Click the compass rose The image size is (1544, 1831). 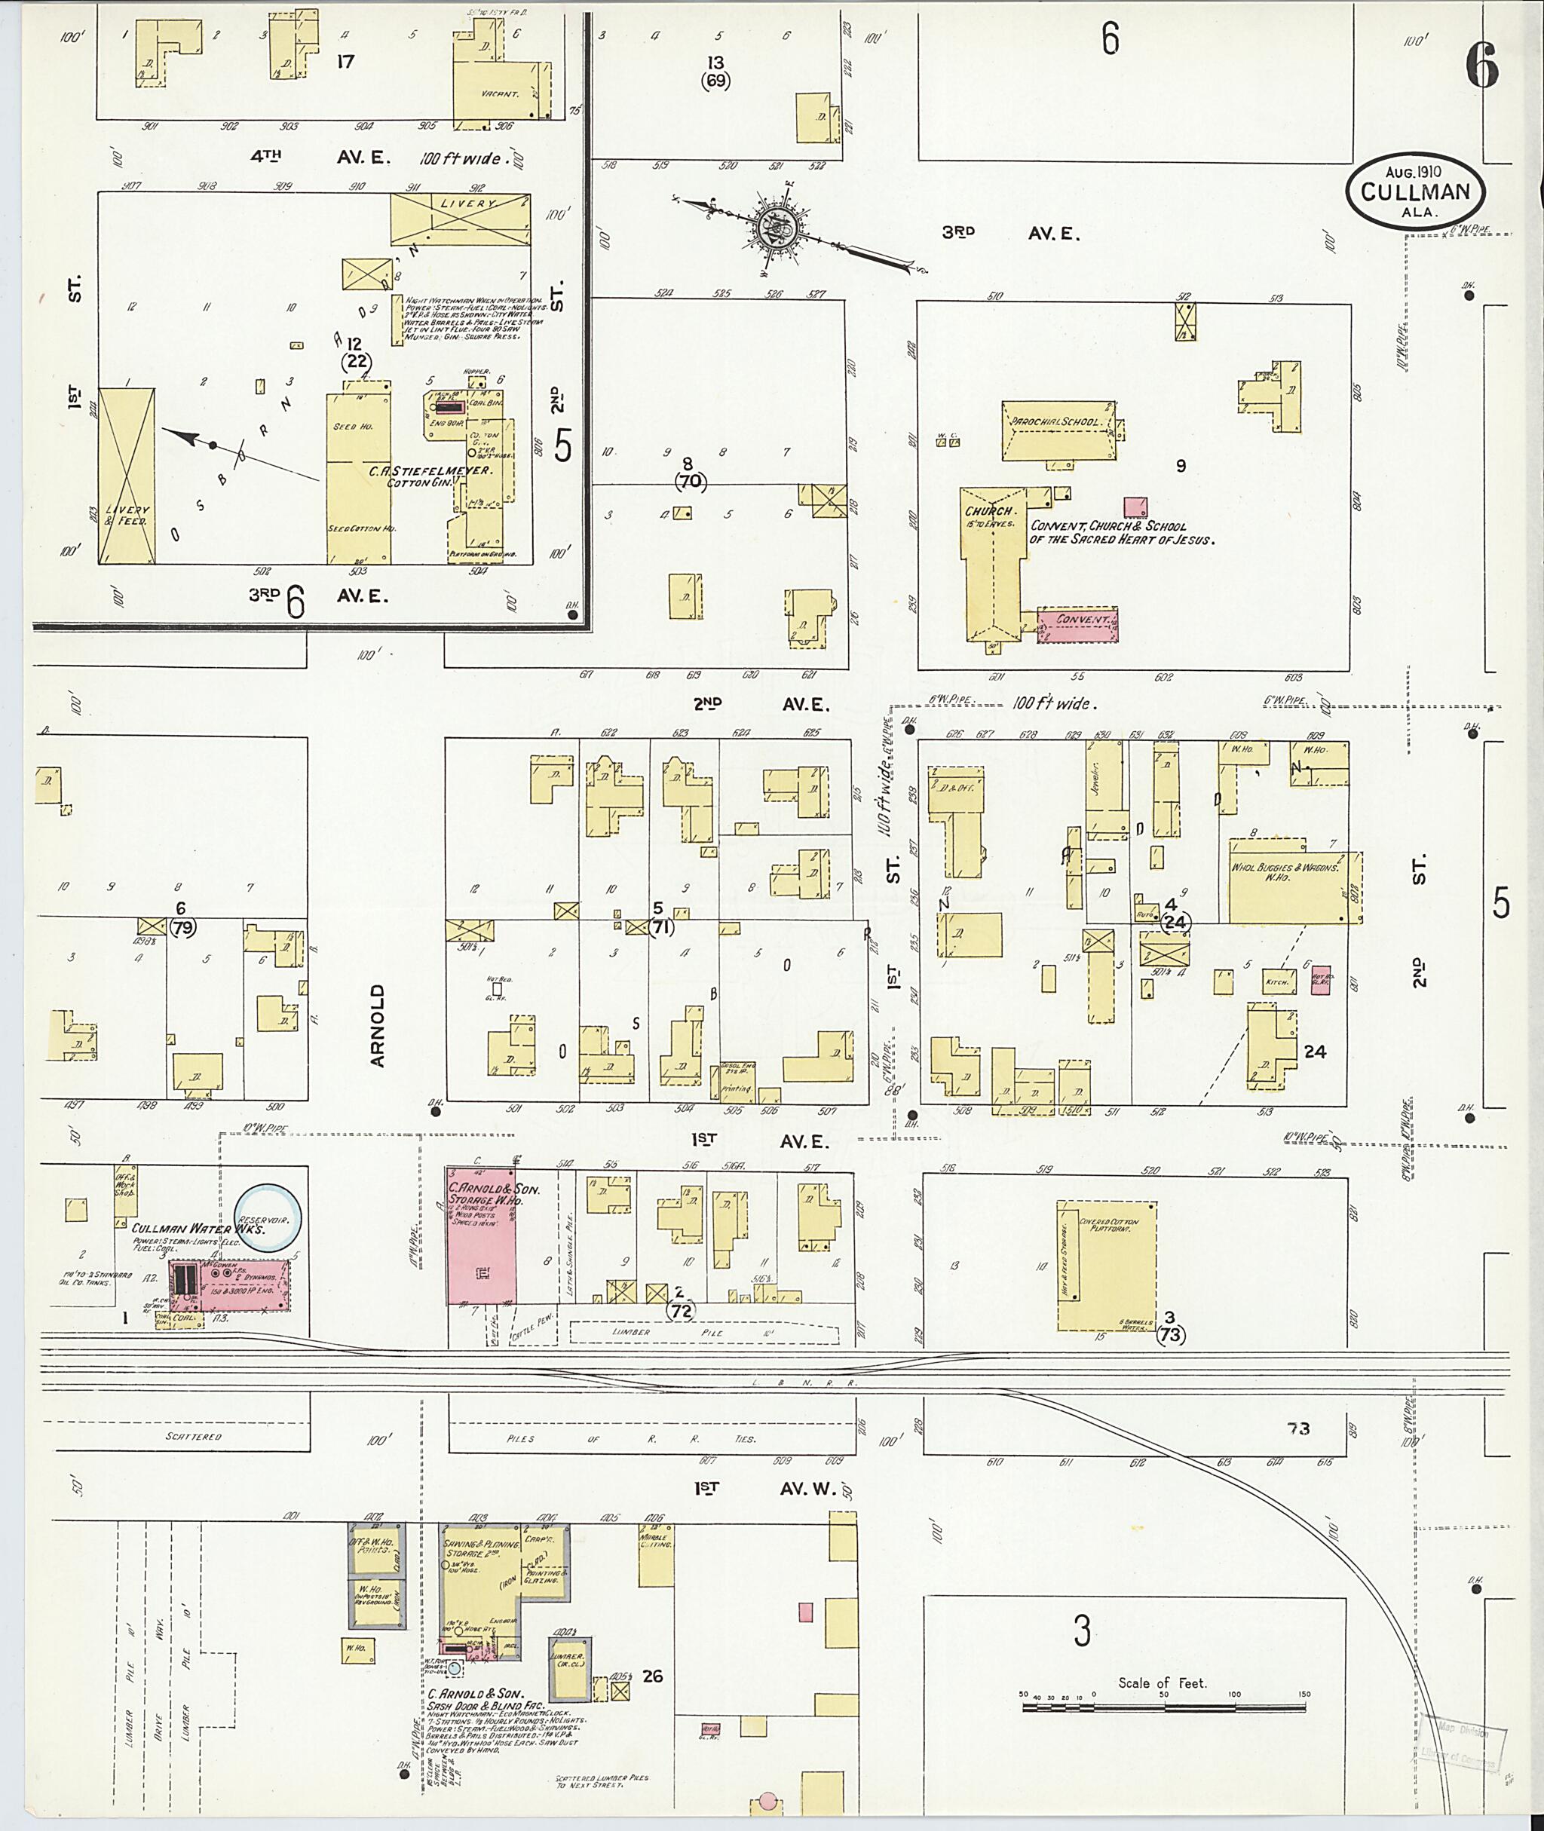coord(777,228)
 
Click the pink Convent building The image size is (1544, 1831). coord(1077,625)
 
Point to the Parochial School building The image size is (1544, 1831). coord(1058,431)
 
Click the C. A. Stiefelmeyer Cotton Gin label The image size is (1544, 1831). coord(428,475)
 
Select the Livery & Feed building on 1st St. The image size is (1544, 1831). coord(126,476)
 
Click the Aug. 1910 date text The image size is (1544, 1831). coord(1414,172)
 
